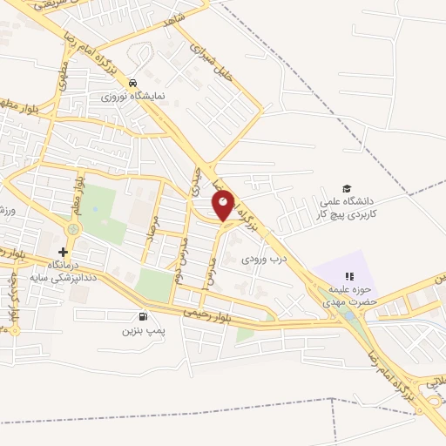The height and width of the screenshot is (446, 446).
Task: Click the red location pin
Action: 224,205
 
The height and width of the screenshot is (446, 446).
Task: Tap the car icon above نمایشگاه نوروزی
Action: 132,83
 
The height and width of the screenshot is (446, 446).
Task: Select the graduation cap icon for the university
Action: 348,189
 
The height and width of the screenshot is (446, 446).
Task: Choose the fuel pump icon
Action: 142,317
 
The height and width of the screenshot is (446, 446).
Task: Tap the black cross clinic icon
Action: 62,252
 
